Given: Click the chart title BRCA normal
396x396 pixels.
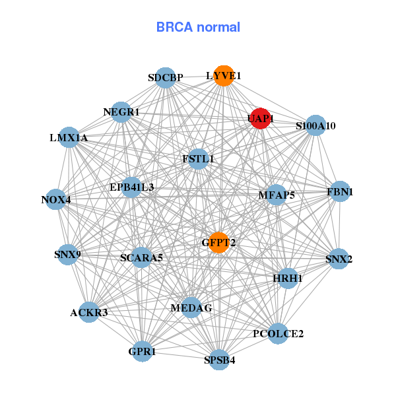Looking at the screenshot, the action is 198,27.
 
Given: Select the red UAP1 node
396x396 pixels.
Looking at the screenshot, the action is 260,118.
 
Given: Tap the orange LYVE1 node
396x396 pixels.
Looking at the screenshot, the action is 224,76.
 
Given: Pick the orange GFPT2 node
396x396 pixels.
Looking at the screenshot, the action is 218,242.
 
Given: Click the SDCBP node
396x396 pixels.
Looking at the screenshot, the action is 166,78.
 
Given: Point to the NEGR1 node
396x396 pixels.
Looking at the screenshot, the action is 121,112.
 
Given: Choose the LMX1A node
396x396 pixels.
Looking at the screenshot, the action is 69,137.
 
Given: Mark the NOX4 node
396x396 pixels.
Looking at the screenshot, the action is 55,199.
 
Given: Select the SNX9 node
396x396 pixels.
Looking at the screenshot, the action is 67,254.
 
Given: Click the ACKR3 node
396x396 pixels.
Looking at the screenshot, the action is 88,312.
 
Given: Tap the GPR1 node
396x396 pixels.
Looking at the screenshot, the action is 142,351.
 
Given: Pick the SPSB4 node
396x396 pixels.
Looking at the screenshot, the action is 219,360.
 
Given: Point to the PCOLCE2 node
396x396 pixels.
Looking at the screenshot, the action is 278,333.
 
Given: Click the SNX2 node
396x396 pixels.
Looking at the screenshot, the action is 339,259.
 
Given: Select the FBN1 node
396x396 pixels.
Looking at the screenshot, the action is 340,192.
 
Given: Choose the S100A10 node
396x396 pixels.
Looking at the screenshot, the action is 315,125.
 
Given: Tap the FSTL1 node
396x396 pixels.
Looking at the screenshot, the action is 198,158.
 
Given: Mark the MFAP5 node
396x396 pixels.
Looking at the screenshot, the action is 276,195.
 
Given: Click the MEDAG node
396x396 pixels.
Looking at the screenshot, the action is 191,308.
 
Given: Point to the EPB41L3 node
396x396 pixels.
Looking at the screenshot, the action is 131,187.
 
